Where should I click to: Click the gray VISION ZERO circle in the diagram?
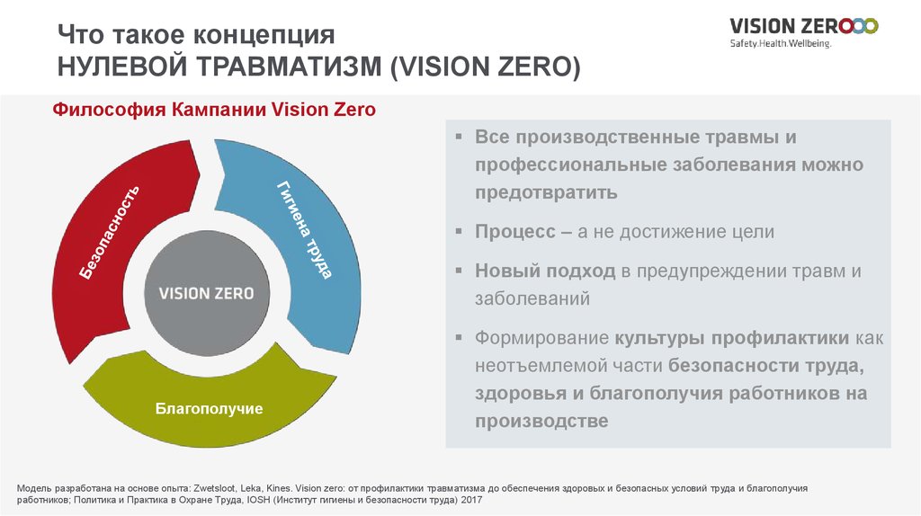point(207,293)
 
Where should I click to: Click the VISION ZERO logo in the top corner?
point(803,26)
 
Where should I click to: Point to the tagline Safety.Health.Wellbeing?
point(781,43)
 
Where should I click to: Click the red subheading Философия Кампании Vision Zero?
point(214,110)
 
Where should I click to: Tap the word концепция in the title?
point(264,35)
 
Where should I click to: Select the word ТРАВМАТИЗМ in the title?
point(289,67)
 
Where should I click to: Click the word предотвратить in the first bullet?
point(546,192)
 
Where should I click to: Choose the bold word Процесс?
point(515,231)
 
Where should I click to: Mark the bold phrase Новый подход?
point(545,271)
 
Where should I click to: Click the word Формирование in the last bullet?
point(541,338)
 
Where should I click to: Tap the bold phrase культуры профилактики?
point(732,338)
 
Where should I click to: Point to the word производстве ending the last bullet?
point(541,421)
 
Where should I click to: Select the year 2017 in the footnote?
point(471,500)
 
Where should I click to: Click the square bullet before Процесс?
point(460,231)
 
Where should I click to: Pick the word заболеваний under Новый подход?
point(532,298)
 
